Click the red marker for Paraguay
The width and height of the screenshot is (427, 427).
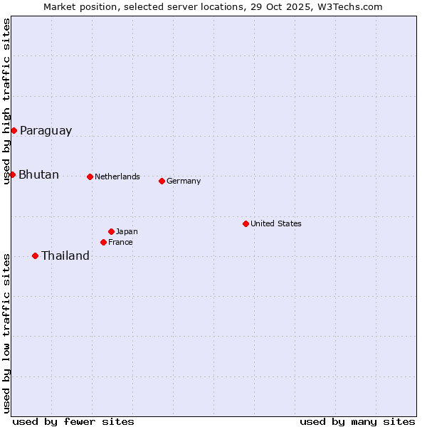point(14,130)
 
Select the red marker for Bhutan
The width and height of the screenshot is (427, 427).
point(12,174)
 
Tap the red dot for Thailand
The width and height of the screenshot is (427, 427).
point(35,255)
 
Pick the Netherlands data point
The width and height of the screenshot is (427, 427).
point(90,176)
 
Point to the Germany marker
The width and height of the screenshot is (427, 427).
point(162,181)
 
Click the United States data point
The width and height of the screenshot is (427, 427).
point(246,223)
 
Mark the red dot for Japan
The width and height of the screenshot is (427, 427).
point(111,231)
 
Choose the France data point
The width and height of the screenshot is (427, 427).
point(103,242)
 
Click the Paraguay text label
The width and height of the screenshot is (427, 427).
point(46,130)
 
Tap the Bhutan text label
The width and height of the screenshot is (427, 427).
point(38,174)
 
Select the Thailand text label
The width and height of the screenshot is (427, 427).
point(65,255)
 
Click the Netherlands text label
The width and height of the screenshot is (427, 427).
point(117,176)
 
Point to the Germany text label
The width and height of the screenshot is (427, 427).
point(184,181)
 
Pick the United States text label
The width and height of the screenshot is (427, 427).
point(276,223)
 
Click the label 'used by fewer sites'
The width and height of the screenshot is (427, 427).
point(73,421)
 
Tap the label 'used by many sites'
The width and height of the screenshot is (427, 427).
point(357,421)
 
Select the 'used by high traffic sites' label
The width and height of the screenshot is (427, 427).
point(6,101)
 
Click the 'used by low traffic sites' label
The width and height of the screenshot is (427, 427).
point(6,333)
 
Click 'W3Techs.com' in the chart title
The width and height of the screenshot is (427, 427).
point(351,6)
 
